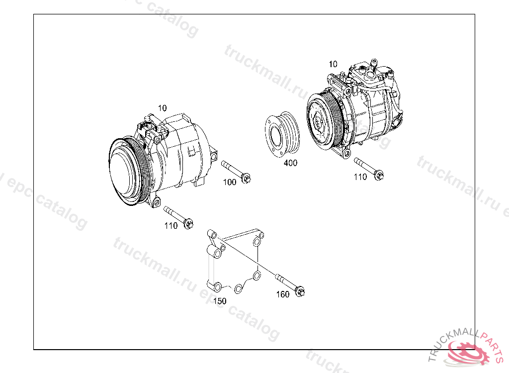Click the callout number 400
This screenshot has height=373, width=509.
(290, 163)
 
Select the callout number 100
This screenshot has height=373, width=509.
(230, 183)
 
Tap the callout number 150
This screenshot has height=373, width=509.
(220, 301)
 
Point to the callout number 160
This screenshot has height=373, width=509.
(283, 294)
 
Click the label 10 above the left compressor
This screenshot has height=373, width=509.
(163, 108)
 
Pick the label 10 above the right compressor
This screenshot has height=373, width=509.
(333, 64)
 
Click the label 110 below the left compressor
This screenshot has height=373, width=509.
(171, 226)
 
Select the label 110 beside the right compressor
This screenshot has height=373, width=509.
(360, 177)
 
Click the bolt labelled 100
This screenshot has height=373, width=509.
(236, 172)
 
